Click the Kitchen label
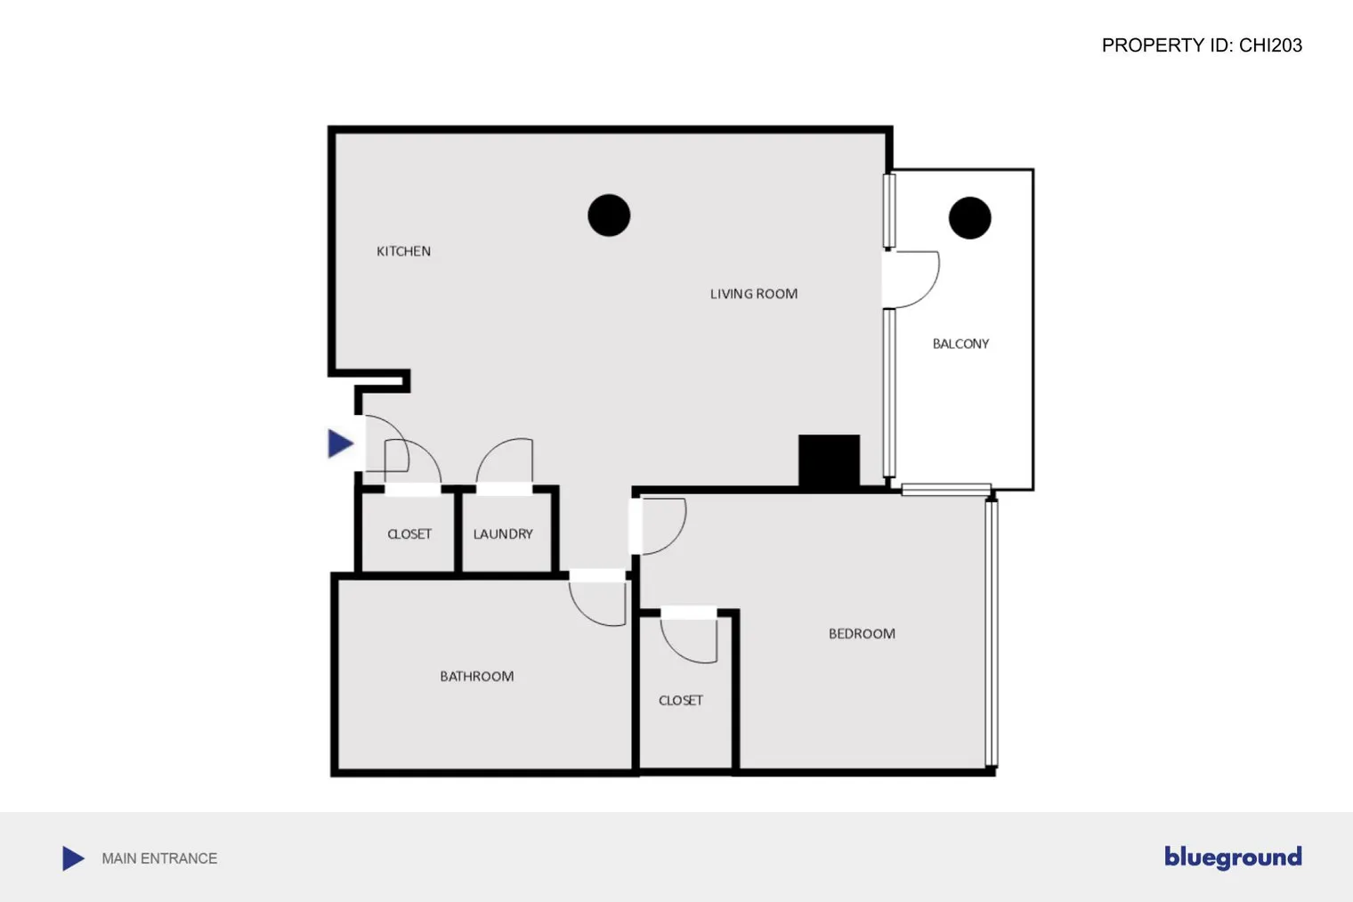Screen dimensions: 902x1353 tap(403, 251)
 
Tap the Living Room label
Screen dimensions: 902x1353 tap(753, 294)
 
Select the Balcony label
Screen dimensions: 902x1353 tap(960, 344)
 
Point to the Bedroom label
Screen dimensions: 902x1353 tap(862, 634)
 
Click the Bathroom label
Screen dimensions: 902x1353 tap(476, 677)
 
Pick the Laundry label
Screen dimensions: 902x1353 tap(503, 534)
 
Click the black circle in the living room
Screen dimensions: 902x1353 tap(609, 215)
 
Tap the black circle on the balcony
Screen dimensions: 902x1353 tap(969, 218)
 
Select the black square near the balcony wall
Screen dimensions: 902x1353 tap(829, 460)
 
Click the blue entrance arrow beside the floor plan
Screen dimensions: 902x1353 tap(340, 443)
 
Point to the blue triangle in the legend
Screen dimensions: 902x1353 tap(73, 858)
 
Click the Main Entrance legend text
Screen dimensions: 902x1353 tap(159, 858)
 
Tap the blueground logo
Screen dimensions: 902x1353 tap(1233, 857)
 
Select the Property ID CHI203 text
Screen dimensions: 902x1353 tap(1202, 45)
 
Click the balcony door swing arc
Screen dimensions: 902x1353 tap(917, 280)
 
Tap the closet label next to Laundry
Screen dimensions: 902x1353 tap(409, 534)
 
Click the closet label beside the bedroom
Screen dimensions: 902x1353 tap(681, 701)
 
